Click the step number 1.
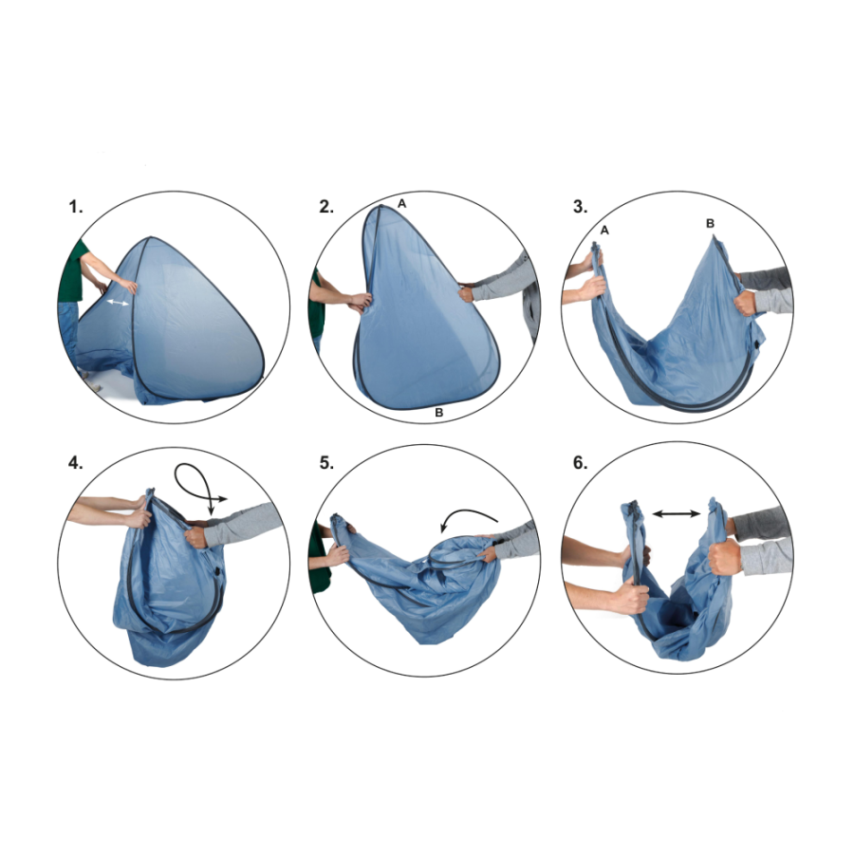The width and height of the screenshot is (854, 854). pyautogui.click(x=76, y=207)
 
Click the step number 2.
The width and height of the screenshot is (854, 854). pyautogui.click(x=326, y=207)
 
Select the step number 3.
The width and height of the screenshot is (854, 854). pyautogui.click(x=581, y=207)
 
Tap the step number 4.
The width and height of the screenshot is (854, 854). pyautogui.click(x=76, y=463)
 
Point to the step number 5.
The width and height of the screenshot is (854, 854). pyautogui.click(x=326, y=463)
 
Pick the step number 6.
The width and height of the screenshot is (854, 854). pyautogui.click(x=581, y=463)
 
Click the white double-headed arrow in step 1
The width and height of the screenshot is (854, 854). pyautogui.click(x=118, y=303)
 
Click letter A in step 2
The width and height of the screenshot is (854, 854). pyautogui.click(x=402, y=203)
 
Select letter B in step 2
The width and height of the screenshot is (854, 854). pyautogui.click(x=438, y=413)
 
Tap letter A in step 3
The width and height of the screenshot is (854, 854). pyautogui.click(x=604, y=231)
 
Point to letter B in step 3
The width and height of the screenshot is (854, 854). pyautogui.click(x=710, y=223)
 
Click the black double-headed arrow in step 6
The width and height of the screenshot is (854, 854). pyautogui.click(x=677, y=513)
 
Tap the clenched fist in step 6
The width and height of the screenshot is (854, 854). pyautogui.click(x=725, y=556)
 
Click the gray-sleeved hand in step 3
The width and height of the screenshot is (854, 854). pyautogui.click(x=745, y=303)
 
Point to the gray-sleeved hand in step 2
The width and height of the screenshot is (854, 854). pyautogui.click(x=466, y=293)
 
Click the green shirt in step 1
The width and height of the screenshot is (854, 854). pyautogui.click(x=73, y=272)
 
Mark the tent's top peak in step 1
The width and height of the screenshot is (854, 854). pyautogui.click(x=150, y=237)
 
